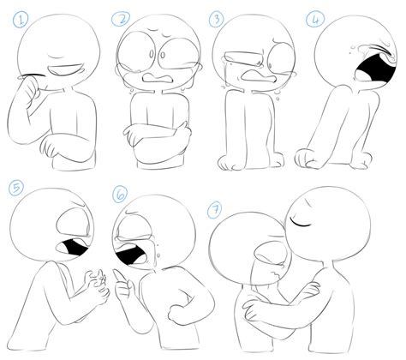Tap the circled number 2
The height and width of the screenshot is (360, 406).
click(121, 18)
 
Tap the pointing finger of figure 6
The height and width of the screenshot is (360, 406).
click(121, 281)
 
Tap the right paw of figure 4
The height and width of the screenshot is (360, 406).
click(363, 159)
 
